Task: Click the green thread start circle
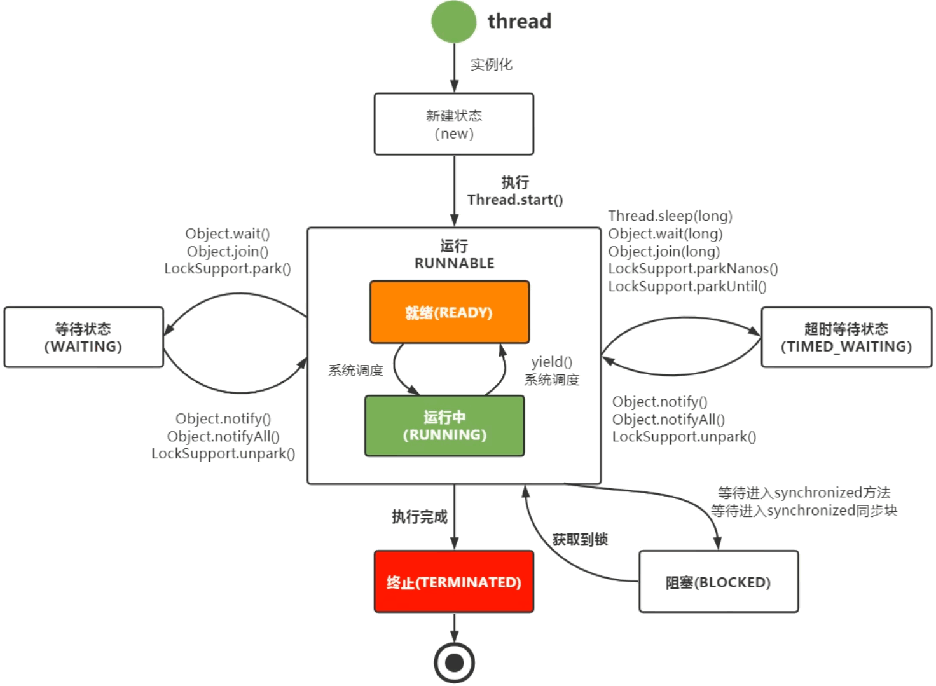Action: click(x=453, y=22)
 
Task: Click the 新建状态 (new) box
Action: click(x=454, y=125)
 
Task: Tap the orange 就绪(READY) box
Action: click(x=449, y=312)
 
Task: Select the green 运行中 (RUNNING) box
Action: click(x=444, y=426)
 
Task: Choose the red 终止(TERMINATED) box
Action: click(x=454, y=582)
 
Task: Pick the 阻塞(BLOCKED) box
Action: click(x=719, y=582)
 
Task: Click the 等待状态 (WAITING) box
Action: click(x=83, y=338)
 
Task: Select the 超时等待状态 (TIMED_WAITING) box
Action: click(x=846, y=338)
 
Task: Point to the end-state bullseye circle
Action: click(x=454, y=663)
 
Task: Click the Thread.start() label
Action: click(x=515, y=200)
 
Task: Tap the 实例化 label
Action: click(x=492, y=64)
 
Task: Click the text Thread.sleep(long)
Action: click(x=670, y=216)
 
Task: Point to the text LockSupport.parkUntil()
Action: click(x=687, y=287)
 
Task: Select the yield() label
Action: click(x=551, y=362)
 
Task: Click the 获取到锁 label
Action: click(x=580, y=540)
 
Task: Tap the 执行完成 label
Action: click(x=420, y=517)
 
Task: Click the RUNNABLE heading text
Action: click(x=454, y=263)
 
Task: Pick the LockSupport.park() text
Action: click(x=227, y=269)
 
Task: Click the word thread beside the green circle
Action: click(x=520, y=22)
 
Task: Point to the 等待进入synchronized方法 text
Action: click(x=804, y=493)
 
